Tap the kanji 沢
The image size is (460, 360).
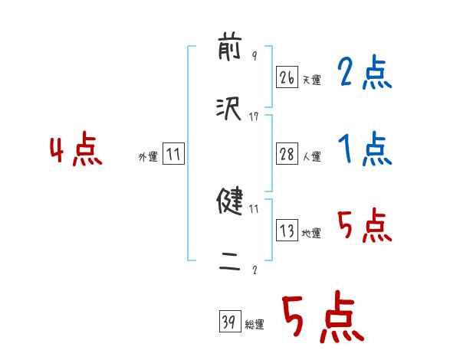click(230, 109)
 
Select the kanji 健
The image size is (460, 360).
click(230, 203)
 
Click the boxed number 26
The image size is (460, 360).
click(287, 77)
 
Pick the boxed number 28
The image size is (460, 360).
click(287, 154)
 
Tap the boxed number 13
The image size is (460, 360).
click(287, 231)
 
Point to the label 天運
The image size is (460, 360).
click(311, 80)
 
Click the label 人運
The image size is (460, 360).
click(311, 156)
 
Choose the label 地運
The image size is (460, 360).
click(311, 234)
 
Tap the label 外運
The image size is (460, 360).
click(148, 156)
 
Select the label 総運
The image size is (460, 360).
click(255, 325)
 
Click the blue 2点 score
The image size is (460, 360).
click(364, 74)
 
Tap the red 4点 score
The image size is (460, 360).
click(76, 151)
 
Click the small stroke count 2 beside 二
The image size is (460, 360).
click(254, 269)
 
